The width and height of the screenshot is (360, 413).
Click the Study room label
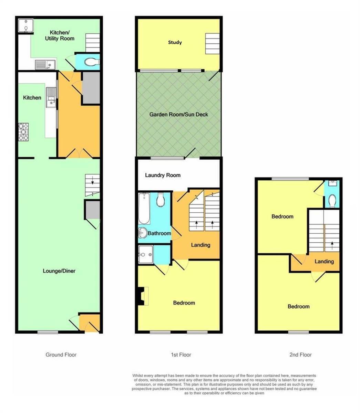[x=175, y=42]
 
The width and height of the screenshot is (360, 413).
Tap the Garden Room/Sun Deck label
[x=178, y=115]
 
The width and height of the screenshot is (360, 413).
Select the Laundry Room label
[x=163, y=175]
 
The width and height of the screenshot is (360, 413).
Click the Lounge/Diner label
[x=59, y=271]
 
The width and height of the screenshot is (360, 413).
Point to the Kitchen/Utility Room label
[x=60, y=35]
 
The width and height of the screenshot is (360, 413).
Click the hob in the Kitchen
[x=23, y=132]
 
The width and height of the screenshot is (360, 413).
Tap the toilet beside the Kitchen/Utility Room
[x=92, y=62]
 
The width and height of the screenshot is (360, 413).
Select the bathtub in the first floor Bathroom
[x=144, y=209]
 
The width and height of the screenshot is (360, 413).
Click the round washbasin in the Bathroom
[x=143, y=233]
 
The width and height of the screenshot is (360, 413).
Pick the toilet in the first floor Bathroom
[x=161, y=200]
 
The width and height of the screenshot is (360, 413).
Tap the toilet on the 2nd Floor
[x=332, y=201]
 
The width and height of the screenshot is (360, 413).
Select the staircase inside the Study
[x=212, y=44]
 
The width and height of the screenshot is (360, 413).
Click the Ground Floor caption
[x=61, y=354]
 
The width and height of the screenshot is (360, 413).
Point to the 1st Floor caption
[x=181, y=354]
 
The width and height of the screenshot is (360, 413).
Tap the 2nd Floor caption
[x=300, y=354]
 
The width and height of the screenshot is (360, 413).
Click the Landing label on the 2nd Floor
[x=324, y=262]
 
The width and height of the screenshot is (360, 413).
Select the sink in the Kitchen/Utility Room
[x=45, y=65]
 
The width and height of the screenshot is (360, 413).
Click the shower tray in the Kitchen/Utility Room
[x=25, y=25]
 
